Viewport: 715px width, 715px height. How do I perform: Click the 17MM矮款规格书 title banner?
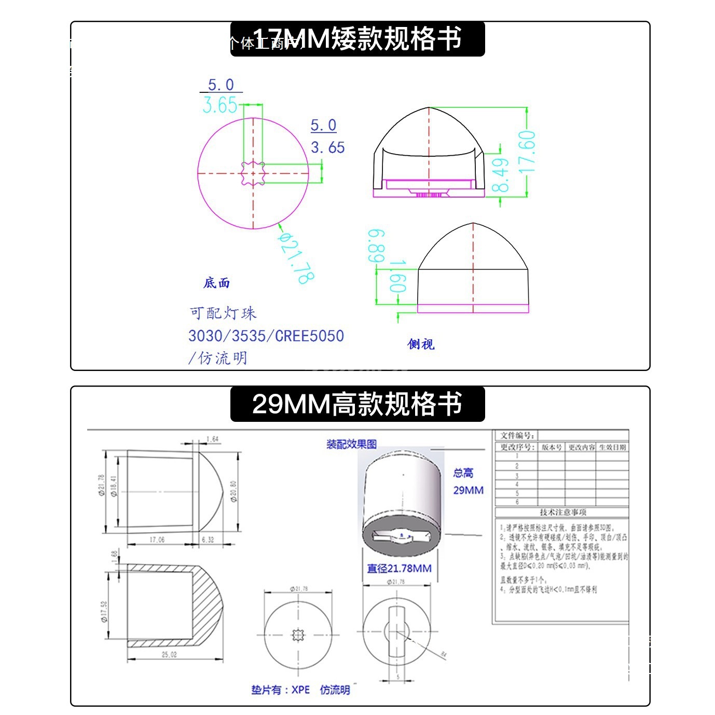(x=357, y=39)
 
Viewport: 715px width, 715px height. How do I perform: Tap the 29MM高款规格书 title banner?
(x=357, y=404)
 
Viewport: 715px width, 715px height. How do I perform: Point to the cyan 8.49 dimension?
(x=500, y=175)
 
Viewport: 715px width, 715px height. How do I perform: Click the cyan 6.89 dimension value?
(x=377, y=246)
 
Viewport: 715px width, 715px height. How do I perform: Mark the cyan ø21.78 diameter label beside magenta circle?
(x=296, y=258)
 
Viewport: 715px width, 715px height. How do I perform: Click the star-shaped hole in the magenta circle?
(x=253, y=173)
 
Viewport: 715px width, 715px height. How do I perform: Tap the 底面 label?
(x=216, y=283)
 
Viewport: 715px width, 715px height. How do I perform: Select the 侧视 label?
(x=420, y=344)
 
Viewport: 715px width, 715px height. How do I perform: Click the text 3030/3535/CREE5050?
(x=266, y=336)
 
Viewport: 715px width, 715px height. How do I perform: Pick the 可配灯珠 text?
(x=223, y=313)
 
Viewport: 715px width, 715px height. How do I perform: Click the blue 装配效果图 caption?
(x=351, y=444)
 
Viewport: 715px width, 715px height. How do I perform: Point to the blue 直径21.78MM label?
(x=399, y=568)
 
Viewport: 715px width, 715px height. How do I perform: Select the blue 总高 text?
(x=463, y=473)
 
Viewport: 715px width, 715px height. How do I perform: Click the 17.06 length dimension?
(x=157, y=540)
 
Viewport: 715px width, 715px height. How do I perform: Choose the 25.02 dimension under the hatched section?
(x=169, y=654)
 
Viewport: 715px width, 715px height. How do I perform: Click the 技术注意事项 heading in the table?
(x=562, y=512)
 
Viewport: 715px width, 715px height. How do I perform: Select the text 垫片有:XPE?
(x=280, y=690)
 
